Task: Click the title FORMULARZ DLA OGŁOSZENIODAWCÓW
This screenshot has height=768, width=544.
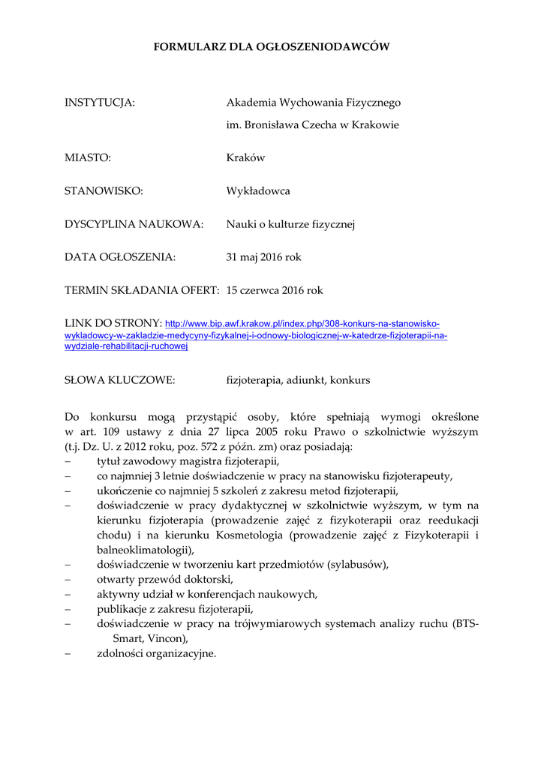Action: pos(272,46)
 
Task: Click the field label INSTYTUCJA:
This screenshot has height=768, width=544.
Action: pos(100,103)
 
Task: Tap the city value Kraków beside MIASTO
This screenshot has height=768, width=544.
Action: pos(245,158)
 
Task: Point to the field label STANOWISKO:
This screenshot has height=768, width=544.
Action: pos(104,191)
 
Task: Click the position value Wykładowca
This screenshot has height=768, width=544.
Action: pos(258,191)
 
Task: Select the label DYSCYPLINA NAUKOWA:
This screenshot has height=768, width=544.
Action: pos(134,224)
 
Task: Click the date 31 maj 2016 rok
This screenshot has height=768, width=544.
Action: pos(263,257)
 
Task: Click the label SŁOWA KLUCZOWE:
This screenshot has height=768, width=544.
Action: pos(120,380)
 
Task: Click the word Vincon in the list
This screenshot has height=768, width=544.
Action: pos(164,638)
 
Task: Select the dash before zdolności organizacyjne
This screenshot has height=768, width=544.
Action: pos(68,653)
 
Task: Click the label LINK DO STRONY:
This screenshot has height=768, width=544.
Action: pos(113,323)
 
